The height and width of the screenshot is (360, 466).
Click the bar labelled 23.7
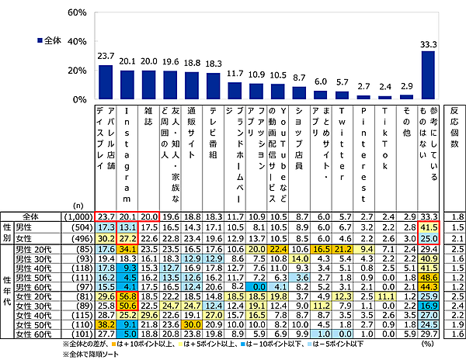point(106,82)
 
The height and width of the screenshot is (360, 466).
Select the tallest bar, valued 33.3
point(428,75)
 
